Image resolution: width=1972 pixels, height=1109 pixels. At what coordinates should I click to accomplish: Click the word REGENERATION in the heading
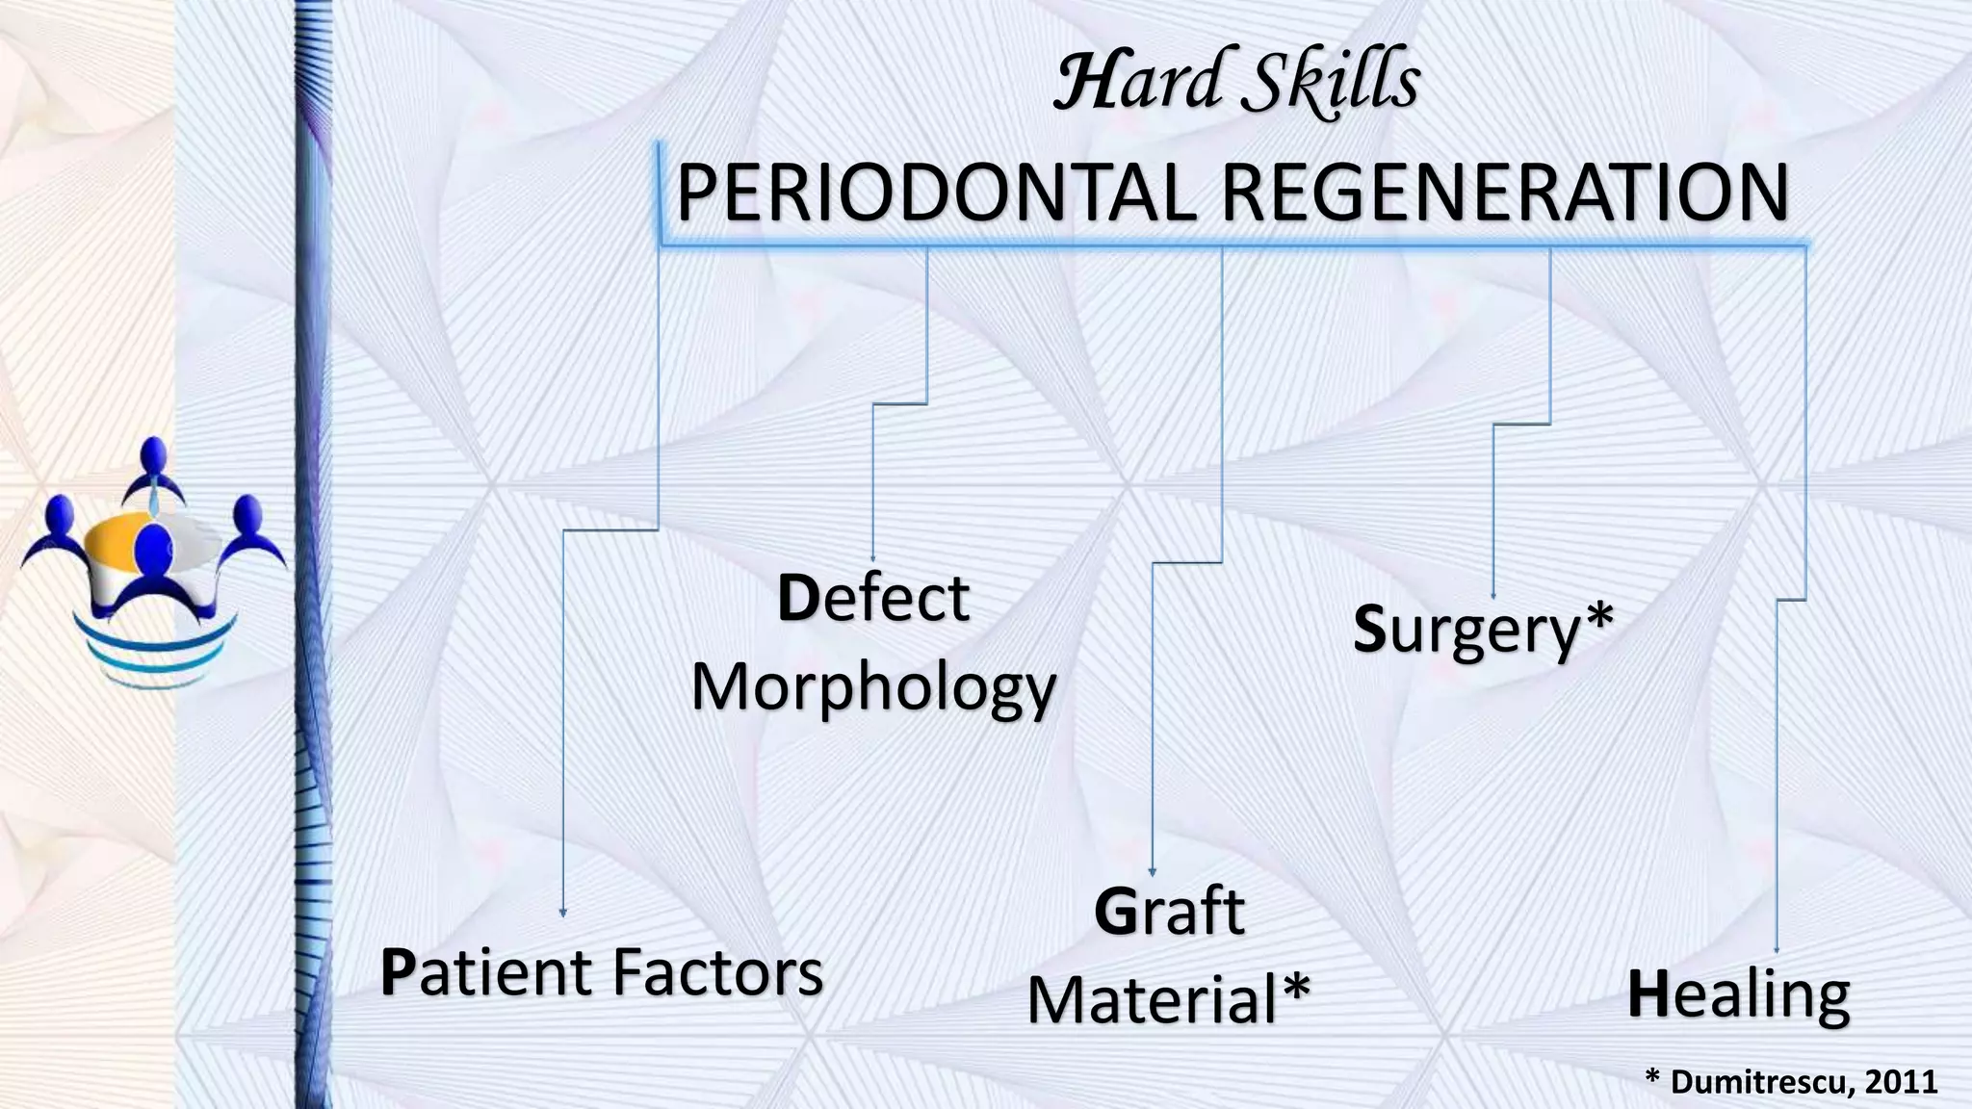(1505, 194)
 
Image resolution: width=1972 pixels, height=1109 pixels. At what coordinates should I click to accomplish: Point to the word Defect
(872, 599)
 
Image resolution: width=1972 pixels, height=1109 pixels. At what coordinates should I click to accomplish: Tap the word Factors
(718, 973)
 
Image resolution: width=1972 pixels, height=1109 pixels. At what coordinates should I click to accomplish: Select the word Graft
(1169, 913)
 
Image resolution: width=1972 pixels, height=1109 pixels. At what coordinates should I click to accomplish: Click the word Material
(1152, 1000)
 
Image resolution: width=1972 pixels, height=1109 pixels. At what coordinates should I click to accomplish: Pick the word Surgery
(1466, 631)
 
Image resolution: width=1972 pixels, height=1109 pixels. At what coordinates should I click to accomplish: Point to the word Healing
(1738, 995)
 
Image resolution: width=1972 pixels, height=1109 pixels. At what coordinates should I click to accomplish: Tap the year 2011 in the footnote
(1901, 1082)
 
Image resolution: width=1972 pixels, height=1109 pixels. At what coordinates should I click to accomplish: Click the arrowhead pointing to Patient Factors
(563, 912)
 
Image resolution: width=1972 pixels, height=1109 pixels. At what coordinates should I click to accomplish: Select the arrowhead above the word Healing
(1777, 950)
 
